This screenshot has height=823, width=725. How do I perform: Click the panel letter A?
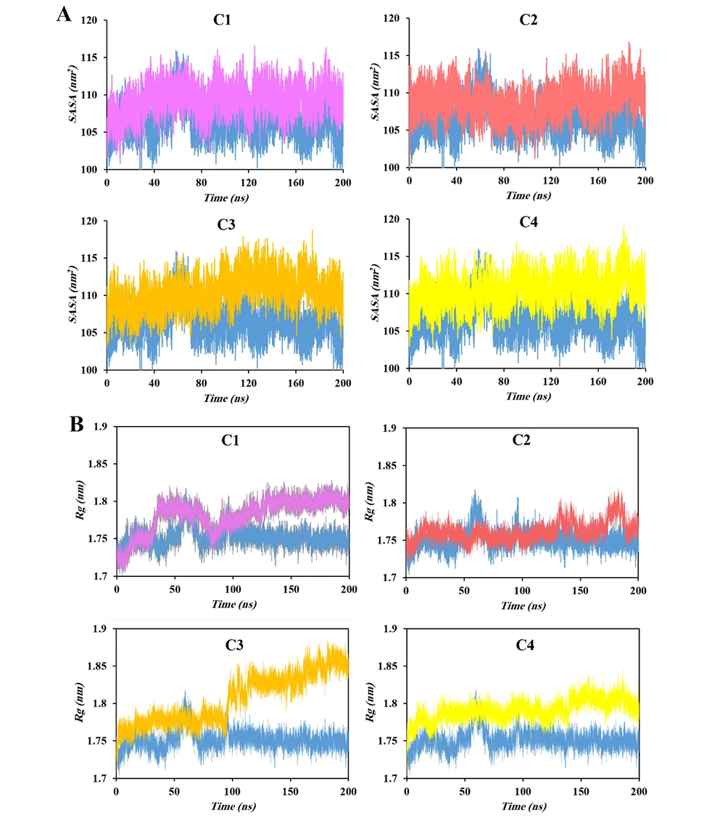[64, 15]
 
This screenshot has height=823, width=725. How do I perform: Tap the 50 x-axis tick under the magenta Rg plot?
[175, 588]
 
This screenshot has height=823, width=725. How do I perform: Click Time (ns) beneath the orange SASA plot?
[225, 397]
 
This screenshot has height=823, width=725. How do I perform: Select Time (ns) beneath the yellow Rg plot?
[522, 806]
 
